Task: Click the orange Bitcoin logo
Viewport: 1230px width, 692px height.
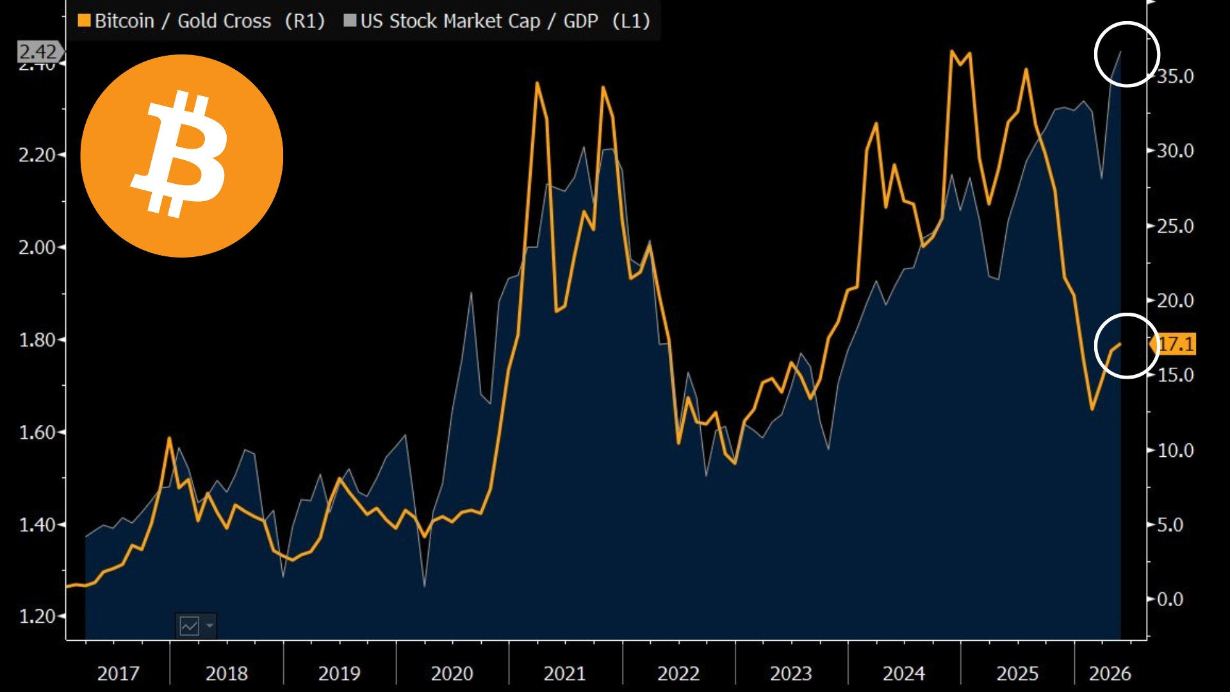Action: point(182,156)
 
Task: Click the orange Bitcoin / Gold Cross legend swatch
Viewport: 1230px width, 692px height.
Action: point(84,21)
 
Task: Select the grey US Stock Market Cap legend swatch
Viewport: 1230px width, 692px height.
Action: point(350,21)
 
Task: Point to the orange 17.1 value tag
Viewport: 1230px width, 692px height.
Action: point(1174,344)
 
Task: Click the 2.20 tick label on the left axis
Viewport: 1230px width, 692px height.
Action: point(37,155)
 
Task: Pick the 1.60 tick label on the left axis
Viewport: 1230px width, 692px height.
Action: point(37,432)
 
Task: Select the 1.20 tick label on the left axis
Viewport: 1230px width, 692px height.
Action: point(37,616)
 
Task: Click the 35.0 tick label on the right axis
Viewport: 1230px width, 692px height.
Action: point(1175,76)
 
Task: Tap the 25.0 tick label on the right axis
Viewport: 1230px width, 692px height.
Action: point(1175,226)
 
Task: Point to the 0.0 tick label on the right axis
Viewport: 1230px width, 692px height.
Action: point(1170,599)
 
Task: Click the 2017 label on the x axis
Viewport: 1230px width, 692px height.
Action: point(118,673)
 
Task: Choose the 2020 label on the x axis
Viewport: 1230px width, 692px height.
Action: point(452,673)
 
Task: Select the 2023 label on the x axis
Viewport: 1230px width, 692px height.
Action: point(791,673)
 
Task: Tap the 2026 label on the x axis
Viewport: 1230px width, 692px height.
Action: point(1110,673)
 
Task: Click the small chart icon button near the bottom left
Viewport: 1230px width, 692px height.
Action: point(195,625)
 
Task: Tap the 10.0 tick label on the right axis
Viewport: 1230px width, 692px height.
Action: point(1175,450)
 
